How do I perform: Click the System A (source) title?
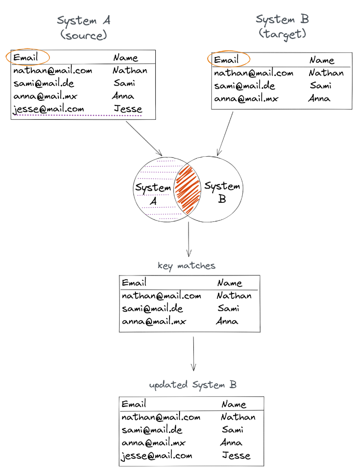tap(84, 28)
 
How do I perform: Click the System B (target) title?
tap(282, 27)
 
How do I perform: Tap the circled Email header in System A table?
tap(27, 57)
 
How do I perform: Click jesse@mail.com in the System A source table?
tap(49, 109)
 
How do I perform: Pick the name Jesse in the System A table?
tap(128, 109)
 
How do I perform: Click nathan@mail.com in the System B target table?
tap(253, 73)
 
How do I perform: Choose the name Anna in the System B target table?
tap(319, 99)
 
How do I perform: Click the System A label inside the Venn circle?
tap(153, 194)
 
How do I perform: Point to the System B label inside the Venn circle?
tap(222, 192)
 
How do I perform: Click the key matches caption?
tap(187, 266)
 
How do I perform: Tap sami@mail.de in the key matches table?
tap(152, 309)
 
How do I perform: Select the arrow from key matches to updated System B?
tap(193, 354)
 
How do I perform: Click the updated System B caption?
tap(192, 385)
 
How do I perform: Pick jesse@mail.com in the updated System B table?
tap(157, 456)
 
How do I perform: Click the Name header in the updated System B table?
tap(234, 404)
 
